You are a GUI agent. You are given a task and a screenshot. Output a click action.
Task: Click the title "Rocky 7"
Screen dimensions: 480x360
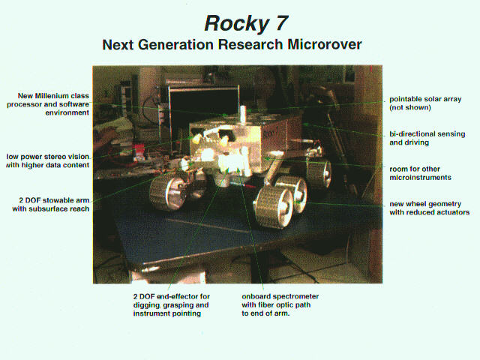[247, 23]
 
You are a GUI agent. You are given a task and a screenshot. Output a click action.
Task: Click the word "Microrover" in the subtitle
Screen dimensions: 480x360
[325, 45]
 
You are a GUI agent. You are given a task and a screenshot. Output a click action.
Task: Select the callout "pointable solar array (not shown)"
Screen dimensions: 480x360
[425, 103]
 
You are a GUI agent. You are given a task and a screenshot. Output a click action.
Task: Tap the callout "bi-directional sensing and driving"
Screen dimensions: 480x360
[427, 138]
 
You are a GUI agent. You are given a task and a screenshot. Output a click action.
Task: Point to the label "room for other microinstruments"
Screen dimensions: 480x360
[420, 173]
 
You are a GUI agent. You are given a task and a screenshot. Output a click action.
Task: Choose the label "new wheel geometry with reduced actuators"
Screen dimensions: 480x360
[429, 208]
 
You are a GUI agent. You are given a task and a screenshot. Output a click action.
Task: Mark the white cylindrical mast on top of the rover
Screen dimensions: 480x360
[243, 115]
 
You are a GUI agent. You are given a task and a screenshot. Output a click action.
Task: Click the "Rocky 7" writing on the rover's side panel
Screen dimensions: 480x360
[271, 133]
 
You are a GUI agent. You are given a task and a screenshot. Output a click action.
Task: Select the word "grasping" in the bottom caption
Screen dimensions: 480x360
[178, 305]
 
